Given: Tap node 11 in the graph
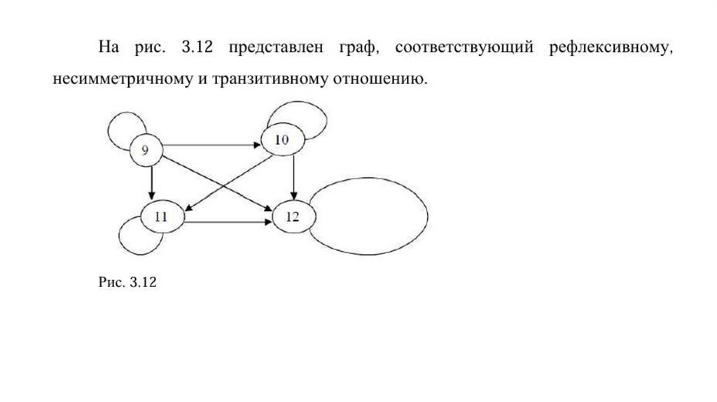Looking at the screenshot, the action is tap(161, 216).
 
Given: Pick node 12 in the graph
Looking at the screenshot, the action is tap(292, 216).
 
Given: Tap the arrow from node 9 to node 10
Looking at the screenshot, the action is tap(210, 145).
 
